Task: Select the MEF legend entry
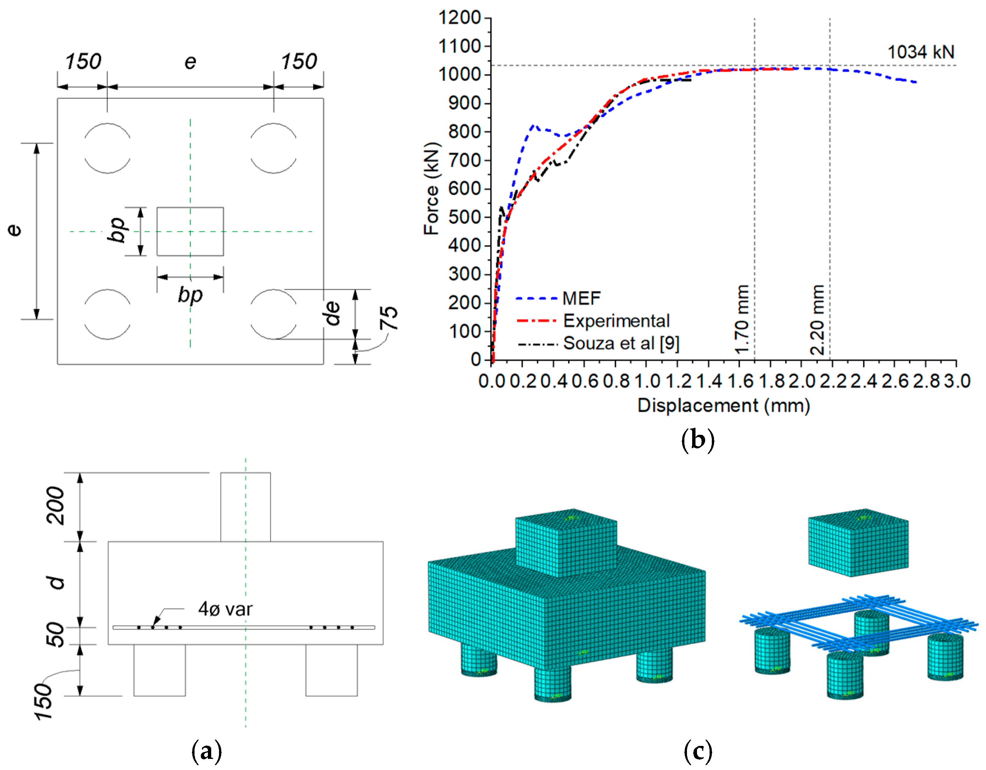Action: click(581, 299)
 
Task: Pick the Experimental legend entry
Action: click(616, 321)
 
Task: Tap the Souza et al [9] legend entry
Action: click(621, 343)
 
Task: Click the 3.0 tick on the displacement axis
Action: click(957, 381)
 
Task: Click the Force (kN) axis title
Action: click(431, 189)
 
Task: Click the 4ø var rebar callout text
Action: click(225, 609)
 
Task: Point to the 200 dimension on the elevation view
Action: click(56, 506)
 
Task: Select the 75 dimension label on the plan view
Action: click(389, 318)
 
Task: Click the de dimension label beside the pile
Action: click(333, 313)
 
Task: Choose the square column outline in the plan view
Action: click(190, 231)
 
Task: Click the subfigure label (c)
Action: click(697, 751)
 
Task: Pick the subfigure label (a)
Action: click(207, 751)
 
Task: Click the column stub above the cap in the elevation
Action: click(246, 507)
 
